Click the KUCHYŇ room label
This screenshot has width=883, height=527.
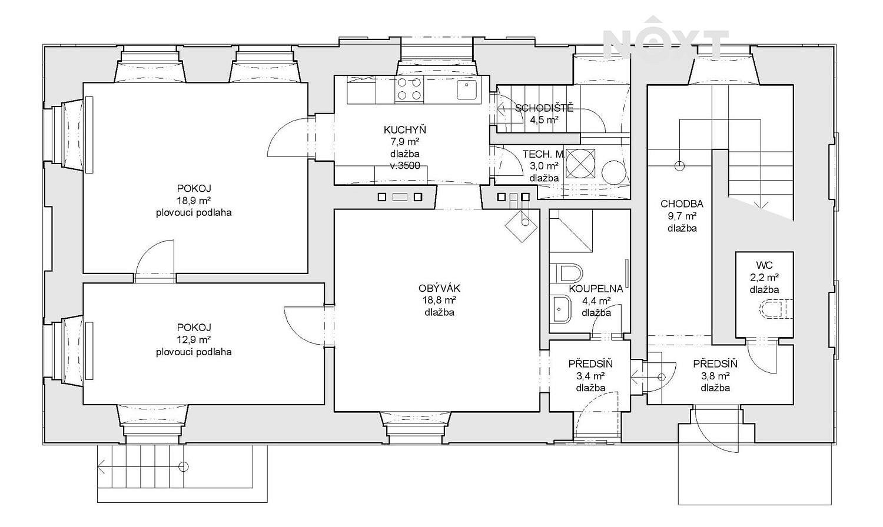pyautogui.click(x=405, y=129)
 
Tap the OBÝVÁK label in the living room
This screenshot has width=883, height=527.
pyautogui.click(x=439, y=288)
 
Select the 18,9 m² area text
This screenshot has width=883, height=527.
pyautogui.click(x=193, y=201)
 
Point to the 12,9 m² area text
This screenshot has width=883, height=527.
pyautogui.click(x=193, y=339)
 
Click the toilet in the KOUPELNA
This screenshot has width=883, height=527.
pyautogui.click(x=566, y=273)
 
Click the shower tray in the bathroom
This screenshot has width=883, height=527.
pyautogui.click(x=571, y=231)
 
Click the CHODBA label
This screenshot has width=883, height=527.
pyautogui.click(x=682, y=204)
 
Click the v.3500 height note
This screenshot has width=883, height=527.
pyautogui.click(x=405, y=166)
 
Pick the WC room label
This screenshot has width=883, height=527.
pyautogui.click(x=764, y=265)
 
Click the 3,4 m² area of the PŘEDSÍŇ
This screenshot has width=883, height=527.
pyautogui.click(x=590, y=376)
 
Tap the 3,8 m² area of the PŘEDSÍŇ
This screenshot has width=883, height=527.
pyautogui.click(x=715, y=376)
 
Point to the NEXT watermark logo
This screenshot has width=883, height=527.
pyautogui.click(x=666, y=39)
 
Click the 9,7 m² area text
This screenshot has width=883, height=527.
pyautogui.click(x=682, y=216)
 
